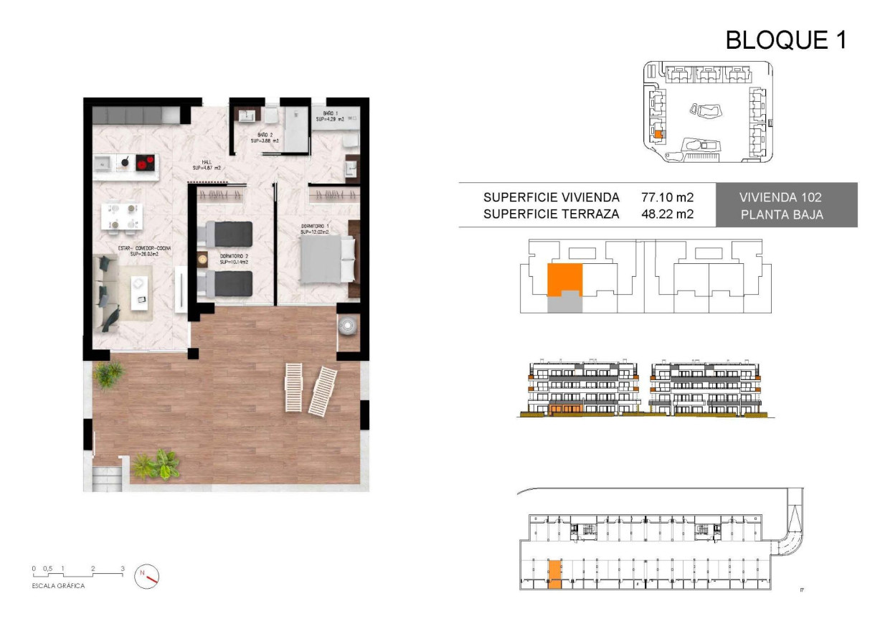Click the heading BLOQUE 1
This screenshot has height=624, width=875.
point(786,39)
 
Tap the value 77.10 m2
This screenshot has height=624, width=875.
point(667,197)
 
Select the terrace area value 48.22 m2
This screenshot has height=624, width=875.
point(667,213)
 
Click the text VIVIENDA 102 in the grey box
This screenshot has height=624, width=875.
point(786,197)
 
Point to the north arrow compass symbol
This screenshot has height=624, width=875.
point(147,575)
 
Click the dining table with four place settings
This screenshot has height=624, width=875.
point(123,216)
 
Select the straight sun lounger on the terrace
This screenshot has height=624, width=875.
point(294,387)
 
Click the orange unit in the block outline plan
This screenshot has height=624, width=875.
point(564,280)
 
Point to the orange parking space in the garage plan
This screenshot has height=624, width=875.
point(554,575)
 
